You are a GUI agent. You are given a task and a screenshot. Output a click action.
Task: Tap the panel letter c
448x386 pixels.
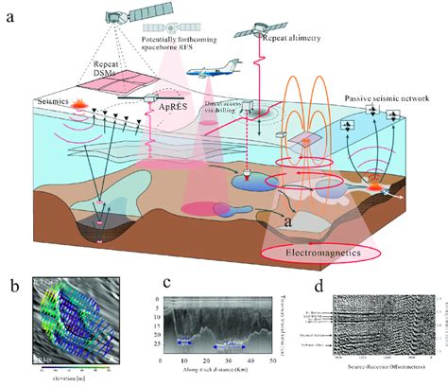[166, 282]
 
